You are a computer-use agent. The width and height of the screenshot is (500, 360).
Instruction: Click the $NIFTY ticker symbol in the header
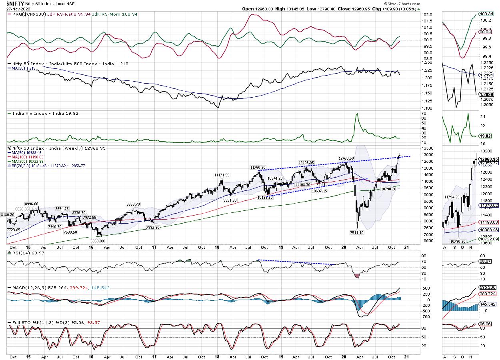pos(12,3)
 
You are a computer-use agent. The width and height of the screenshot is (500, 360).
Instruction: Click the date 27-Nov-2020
pos(13,9)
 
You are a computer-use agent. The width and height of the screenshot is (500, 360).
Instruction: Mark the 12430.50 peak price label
pos(347,158)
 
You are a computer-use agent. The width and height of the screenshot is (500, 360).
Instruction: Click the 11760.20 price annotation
pos(259,167)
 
